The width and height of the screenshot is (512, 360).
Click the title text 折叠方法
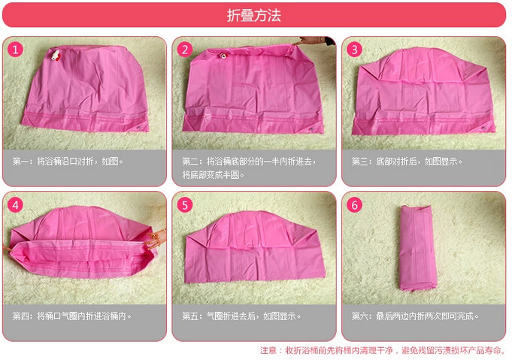[254, 15]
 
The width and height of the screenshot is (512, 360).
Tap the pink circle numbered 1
[15, 50]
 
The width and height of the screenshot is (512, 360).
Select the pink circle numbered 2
[185, 50]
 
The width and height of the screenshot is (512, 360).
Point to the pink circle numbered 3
[355, 50]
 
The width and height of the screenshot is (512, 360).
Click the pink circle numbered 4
[15, 205]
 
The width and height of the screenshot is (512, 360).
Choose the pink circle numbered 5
[185, 205]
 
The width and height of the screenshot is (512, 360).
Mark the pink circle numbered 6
[355, 205]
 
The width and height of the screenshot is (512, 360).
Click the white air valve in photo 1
[56, 55]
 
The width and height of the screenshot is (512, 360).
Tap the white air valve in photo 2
[224, 56]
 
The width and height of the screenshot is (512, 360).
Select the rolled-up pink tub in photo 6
[418, 248]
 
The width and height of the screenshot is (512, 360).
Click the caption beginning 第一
[68, 162]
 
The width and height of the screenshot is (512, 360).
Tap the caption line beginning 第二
[249, 162]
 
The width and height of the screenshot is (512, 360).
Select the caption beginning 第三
[407, 162]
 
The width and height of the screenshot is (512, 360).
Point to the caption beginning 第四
[72, 316]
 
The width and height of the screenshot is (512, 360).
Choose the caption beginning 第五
[241, 316]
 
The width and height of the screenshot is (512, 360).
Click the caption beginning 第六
[415, 316]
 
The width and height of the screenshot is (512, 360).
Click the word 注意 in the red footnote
[268, 350]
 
